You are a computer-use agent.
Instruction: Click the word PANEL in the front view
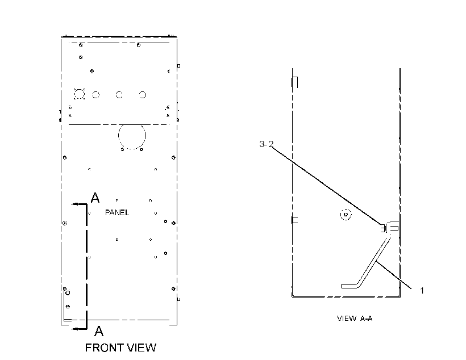tap(117, 213)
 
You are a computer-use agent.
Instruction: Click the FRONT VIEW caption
tap(120, 348)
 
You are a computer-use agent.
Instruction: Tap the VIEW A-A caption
tap(354, 319)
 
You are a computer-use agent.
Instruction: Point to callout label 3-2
tap(266, 144)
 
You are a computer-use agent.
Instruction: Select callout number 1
tap(422, 291)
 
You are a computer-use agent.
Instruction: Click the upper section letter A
tap(95, 198)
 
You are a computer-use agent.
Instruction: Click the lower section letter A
tap(99, 331)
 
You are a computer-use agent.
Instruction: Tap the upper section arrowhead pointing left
tap(74, 204)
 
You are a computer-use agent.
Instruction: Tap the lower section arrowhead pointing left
tap(74, 329)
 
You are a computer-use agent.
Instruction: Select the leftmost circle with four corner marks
tap(79, 94)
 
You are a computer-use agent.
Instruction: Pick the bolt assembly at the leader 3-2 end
tap(390, 228)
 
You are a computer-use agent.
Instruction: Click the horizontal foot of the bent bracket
tap(349, 286)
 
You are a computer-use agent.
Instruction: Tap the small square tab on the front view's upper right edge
tap(178, 66)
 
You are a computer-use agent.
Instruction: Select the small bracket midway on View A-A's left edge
tap(294, 220)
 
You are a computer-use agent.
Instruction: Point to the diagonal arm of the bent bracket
tap(373, 262)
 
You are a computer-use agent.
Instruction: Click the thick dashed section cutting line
tap(86, 266)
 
